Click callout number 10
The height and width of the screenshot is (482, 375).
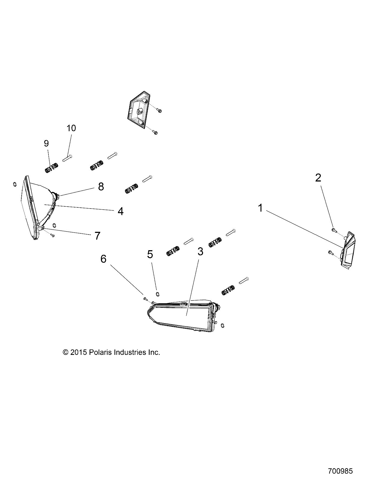(x=71, y=128)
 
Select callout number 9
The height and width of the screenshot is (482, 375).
(x=46, y=143)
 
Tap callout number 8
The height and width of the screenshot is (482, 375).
(x=101, y=186)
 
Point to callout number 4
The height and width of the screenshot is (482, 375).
(x=120, y=211)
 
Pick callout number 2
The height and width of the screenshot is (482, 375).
(x=318, y=178)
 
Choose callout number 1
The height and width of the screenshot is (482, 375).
(x=260, y=208)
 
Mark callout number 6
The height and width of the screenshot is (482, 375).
(x=103, y=259)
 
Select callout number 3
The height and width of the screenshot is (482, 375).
(x=200, y=252)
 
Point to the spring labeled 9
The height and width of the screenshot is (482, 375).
(x=51, y=168)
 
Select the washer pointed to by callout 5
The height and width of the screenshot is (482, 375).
(x=157, y=294)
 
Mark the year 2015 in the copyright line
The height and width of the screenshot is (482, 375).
(x=78, y=352)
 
